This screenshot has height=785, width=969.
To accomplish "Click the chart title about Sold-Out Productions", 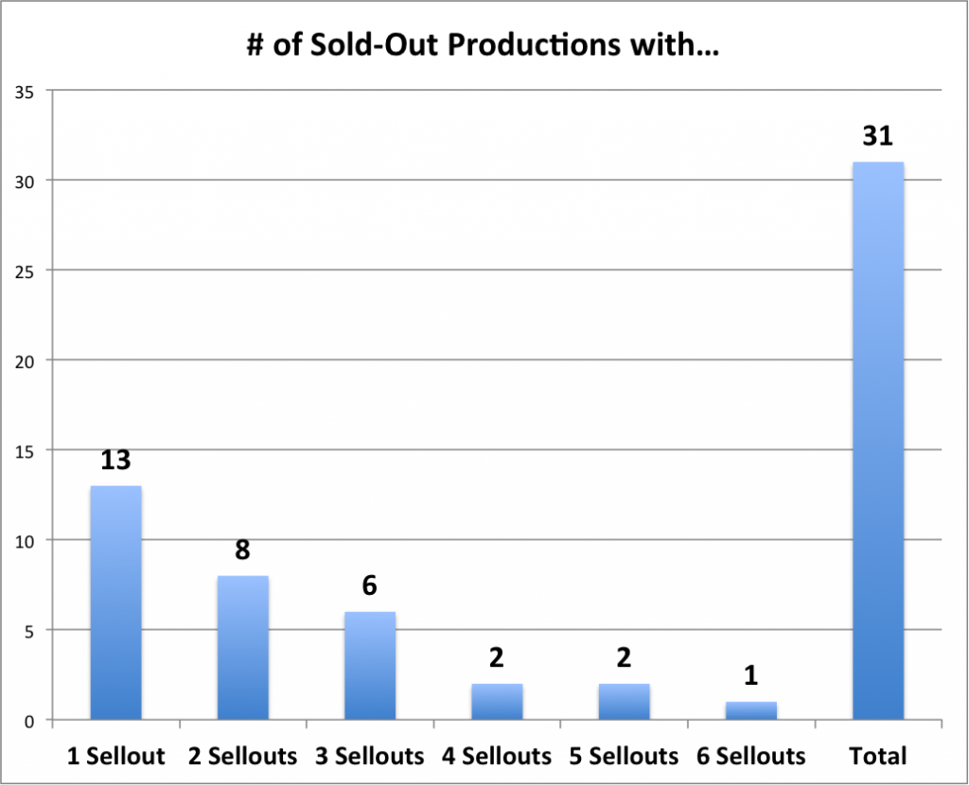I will (484, 46).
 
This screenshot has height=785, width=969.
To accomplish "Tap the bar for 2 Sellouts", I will (242, 648).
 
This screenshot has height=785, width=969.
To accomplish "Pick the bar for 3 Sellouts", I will (369, 666).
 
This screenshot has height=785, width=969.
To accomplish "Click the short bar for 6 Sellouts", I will (750, 710).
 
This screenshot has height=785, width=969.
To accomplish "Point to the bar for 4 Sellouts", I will (497, 702).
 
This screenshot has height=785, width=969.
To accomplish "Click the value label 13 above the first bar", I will (115, 461).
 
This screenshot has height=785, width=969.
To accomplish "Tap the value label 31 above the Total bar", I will (877, 136).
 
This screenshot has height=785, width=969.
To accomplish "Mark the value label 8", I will (242, 550).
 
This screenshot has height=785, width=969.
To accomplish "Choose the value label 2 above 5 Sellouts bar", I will (624, 658).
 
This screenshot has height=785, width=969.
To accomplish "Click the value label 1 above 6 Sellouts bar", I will (750, 676).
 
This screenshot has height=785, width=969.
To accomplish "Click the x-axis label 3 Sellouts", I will (369, 757).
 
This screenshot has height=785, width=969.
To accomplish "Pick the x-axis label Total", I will (877, 757).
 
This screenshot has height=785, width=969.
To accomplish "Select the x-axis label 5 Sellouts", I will (624, 757).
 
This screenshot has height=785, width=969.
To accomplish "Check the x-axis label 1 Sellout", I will (115, 757).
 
